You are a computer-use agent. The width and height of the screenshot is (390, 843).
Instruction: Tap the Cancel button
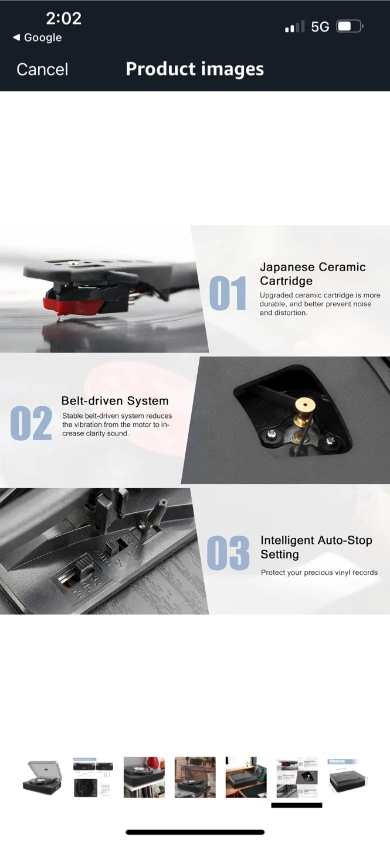coord(42,69)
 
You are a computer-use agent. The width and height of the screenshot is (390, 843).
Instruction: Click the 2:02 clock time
coord(63,19)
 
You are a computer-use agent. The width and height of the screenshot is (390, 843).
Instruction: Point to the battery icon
coord(350,26)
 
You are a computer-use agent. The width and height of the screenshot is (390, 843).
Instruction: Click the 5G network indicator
coord(320,26)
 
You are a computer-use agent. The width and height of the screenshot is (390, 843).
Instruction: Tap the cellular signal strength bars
coord(294,26)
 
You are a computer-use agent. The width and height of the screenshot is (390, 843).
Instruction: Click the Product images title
coord(195,69)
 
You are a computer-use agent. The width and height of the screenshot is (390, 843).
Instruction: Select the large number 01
coord(228,293)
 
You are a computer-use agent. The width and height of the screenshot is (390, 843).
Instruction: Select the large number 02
coord(31,424)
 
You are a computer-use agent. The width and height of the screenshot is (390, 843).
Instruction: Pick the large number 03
coord(228,553)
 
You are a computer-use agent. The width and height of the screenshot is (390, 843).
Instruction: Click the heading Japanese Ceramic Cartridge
coord(313,273)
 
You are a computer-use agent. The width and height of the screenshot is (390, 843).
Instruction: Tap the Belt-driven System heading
coord(115,401)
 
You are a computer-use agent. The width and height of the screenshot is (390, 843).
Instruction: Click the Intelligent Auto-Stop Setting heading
coord(316,547)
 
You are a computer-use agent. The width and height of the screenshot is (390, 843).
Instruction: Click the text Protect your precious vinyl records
coord(319,573)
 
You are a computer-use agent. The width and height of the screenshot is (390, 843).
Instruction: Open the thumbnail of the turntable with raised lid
coord(42,777)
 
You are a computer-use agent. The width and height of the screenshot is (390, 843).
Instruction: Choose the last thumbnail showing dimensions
coord(348,777)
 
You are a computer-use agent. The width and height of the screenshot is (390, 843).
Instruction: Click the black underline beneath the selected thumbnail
coord(296,806)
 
